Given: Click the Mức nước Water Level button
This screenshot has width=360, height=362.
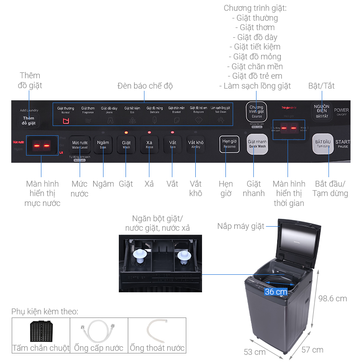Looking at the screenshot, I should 80,145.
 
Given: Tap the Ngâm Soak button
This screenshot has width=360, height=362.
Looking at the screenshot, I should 103,145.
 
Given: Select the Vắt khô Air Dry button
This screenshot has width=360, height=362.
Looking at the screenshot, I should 195,145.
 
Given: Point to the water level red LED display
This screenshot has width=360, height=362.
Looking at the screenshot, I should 42,146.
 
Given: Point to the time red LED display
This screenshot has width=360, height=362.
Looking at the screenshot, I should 288,128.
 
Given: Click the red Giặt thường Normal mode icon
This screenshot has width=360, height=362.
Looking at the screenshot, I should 66,121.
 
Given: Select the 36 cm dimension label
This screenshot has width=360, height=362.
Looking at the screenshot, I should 276,292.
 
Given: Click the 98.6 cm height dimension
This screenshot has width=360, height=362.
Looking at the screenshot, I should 333,299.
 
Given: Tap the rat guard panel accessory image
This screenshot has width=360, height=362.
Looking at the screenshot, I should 40,331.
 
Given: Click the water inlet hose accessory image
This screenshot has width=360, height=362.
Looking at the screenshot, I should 99,331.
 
